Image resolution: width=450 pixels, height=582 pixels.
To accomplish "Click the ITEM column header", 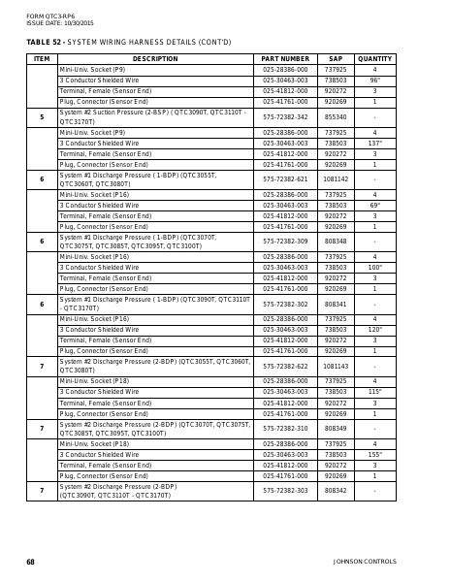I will [x=42, y=59].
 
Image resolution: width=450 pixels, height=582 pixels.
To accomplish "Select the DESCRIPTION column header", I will [x=155, y=59].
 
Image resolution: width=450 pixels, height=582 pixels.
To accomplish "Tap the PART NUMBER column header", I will [x=285, y=59].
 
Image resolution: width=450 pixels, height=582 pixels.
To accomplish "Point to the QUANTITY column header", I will [x=374, y=59].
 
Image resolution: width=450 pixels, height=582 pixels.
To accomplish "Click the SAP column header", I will [x=336, y=59].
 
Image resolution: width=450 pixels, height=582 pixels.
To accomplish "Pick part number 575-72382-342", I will [x=285, y=116].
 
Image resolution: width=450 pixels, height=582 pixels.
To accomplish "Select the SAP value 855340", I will [x=336, y=116].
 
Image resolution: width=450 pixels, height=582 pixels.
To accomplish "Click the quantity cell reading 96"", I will [x=374, y=81].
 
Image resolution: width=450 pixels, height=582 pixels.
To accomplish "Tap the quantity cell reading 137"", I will [x=374, y=143].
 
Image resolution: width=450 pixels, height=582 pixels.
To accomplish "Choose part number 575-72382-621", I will [x=285, y=178].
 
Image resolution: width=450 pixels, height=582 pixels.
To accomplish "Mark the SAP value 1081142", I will [x=336, y=178].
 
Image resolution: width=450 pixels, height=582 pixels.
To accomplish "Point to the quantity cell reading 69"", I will [x=374, y=206].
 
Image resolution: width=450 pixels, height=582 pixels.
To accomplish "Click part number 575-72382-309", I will [x=285, y=241].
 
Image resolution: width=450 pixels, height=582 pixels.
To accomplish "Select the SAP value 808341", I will [x=336, y=304].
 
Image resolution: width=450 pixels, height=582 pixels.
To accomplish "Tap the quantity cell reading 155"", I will [x=374, y=454].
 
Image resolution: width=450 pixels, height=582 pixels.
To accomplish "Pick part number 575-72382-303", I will [x=285, y=491].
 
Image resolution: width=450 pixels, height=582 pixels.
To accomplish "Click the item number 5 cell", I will [x=42, y=116].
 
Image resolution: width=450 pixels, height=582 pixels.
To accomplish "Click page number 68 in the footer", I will [x=30, y=562].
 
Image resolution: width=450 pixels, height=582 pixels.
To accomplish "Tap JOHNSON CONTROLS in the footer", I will [x=365, y=562].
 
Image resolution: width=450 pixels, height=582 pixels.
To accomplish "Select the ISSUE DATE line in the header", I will [x=60, y=22].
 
